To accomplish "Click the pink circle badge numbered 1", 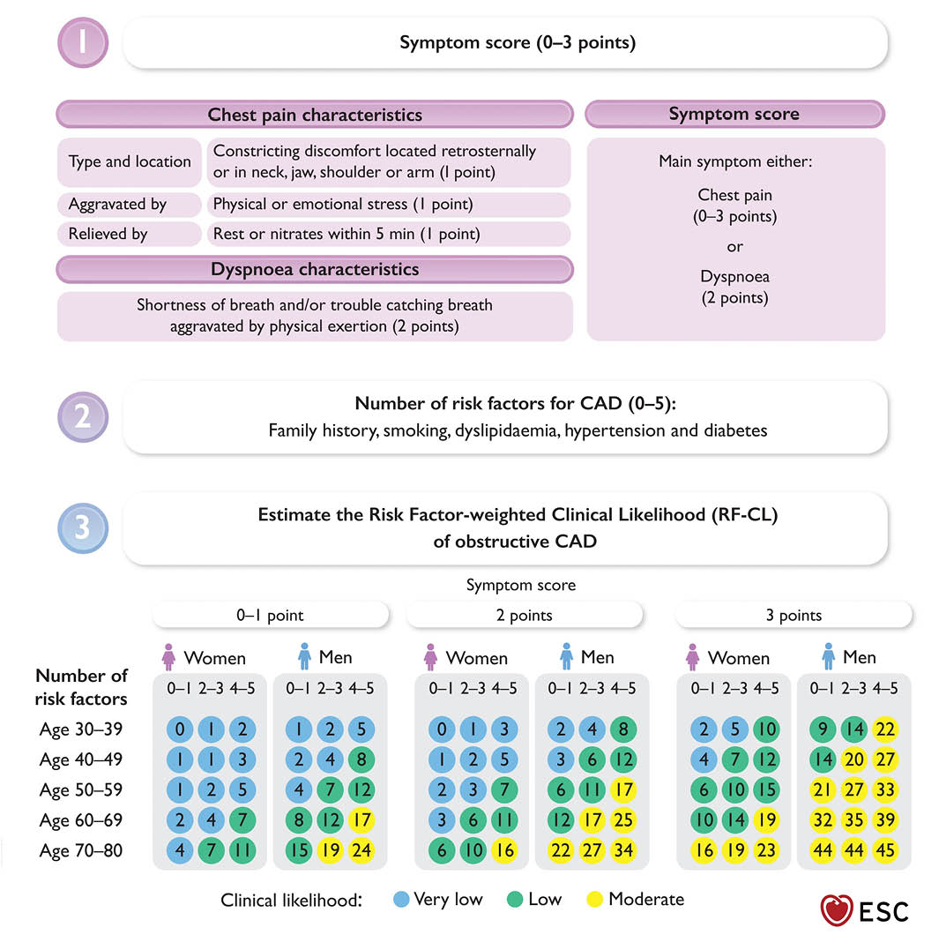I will [82, 42].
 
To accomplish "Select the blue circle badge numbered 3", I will [82, 527].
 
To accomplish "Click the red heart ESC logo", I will [835, 909].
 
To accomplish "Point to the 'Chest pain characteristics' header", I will [315, 116].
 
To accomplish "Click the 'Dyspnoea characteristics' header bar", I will [315, 269].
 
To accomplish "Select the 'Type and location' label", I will [130, 161].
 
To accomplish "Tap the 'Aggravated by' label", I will [117, 205].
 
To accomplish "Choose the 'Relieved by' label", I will [108, 235].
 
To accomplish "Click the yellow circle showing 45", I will [884, 850].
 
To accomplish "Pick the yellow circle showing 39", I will [884, 820].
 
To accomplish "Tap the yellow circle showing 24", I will [361, 850].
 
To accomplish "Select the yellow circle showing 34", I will [622, 850].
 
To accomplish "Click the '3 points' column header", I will [793, 616].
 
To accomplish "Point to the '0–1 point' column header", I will [271, 616].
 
